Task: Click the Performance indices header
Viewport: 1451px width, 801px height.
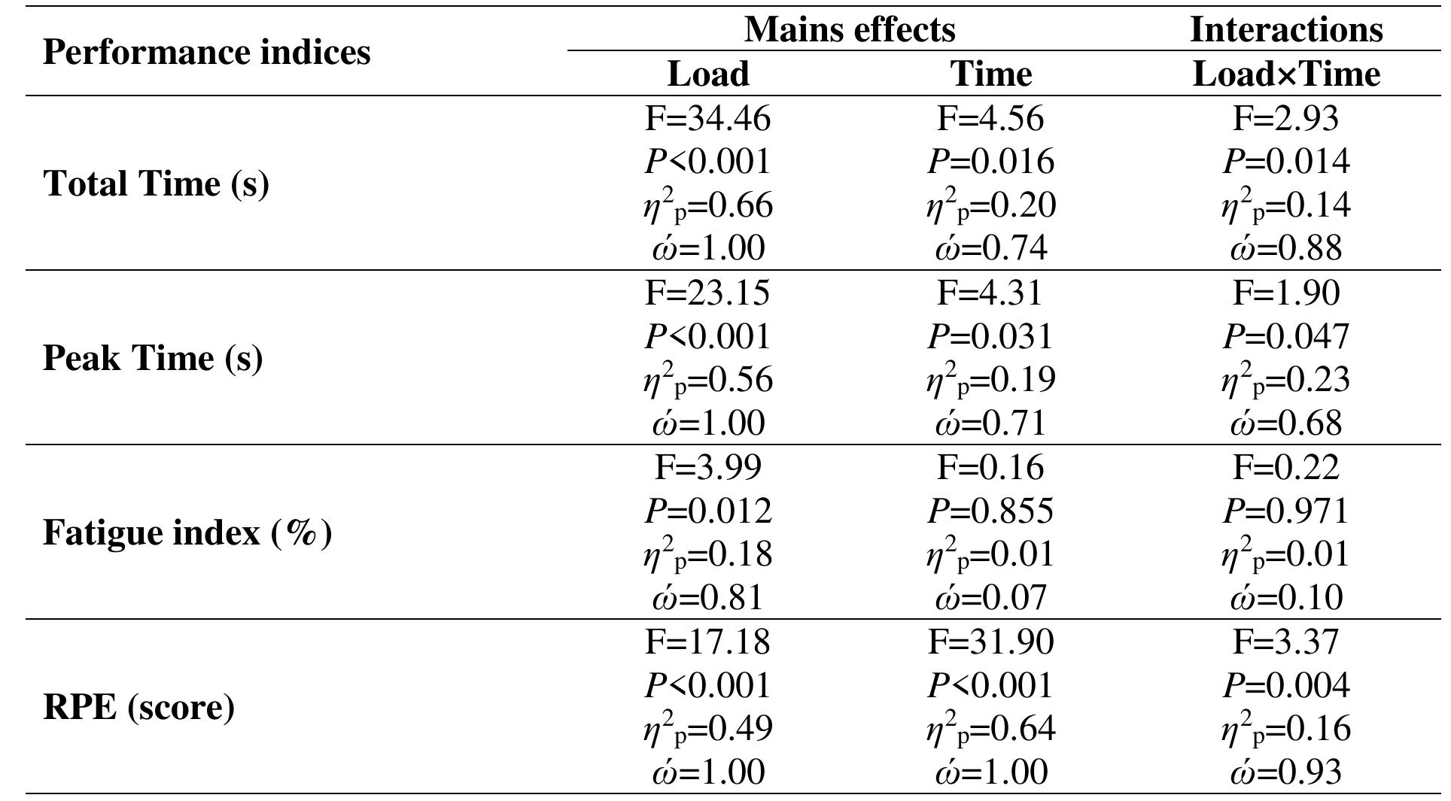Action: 206,53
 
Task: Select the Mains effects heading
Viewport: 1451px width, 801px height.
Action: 850,30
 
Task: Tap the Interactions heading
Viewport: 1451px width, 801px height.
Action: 1285,30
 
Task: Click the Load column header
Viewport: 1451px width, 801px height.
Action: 708,74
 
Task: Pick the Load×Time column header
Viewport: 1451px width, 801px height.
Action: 1285,74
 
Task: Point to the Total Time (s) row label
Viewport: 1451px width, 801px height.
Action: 156,184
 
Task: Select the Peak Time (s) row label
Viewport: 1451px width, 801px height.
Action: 153,358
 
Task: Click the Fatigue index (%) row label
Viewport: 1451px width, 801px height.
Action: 187,532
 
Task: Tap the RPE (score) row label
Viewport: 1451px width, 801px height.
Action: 138,707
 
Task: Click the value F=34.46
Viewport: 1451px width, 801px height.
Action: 708,119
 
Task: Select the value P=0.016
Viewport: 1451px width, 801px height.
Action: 990,162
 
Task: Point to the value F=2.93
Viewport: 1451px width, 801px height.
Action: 1285,119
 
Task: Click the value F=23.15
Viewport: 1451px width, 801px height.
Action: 707,293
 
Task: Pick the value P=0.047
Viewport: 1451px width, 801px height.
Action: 1285,336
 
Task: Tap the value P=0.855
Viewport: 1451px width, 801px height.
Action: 990,511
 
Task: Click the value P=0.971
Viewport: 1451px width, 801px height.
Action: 1285,511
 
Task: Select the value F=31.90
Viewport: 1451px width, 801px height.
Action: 990,642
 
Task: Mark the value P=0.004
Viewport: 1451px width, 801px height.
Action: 1285,685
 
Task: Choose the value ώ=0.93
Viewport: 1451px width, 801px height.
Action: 1285,772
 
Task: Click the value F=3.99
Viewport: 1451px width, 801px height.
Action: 708,467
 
